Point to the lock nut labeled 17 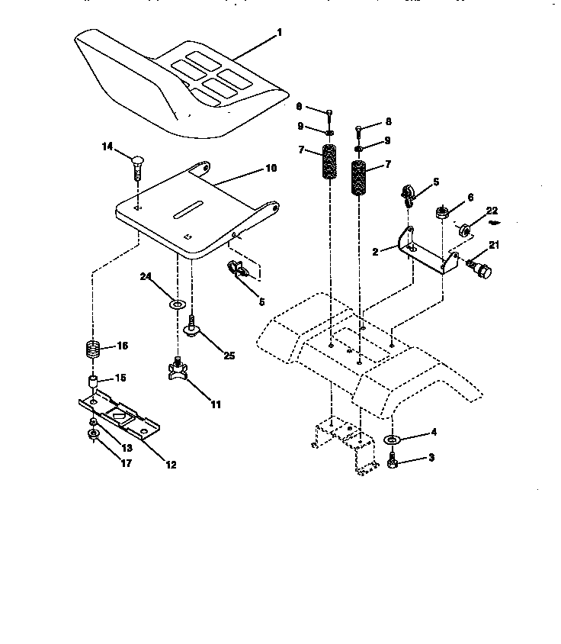coord(92,436)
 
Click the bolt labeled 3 coord(393,461)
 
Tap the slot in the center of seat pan coord(186,208)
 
